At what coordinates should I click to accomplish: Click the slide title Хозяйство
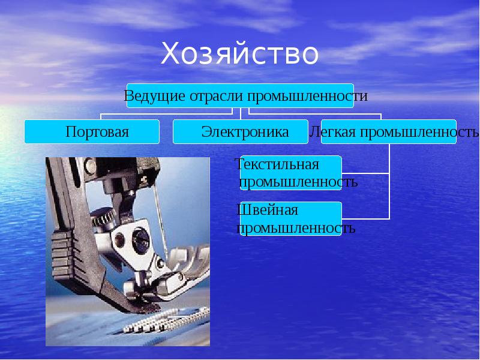[x=239, y=54]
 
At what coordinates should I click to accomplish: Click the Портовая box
[x=92, y=131]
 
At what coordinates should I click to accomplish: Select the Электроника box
[x=240, y=131]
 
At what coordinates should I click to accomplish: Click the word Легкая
[x=332, y=131]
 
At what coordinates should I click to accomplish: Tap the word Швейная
[x=268, y=211]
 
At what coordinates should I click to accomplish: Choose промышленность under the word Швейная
[x=296, y=228]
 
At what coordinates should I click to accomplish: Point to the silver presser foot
[x=180, y=282]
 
